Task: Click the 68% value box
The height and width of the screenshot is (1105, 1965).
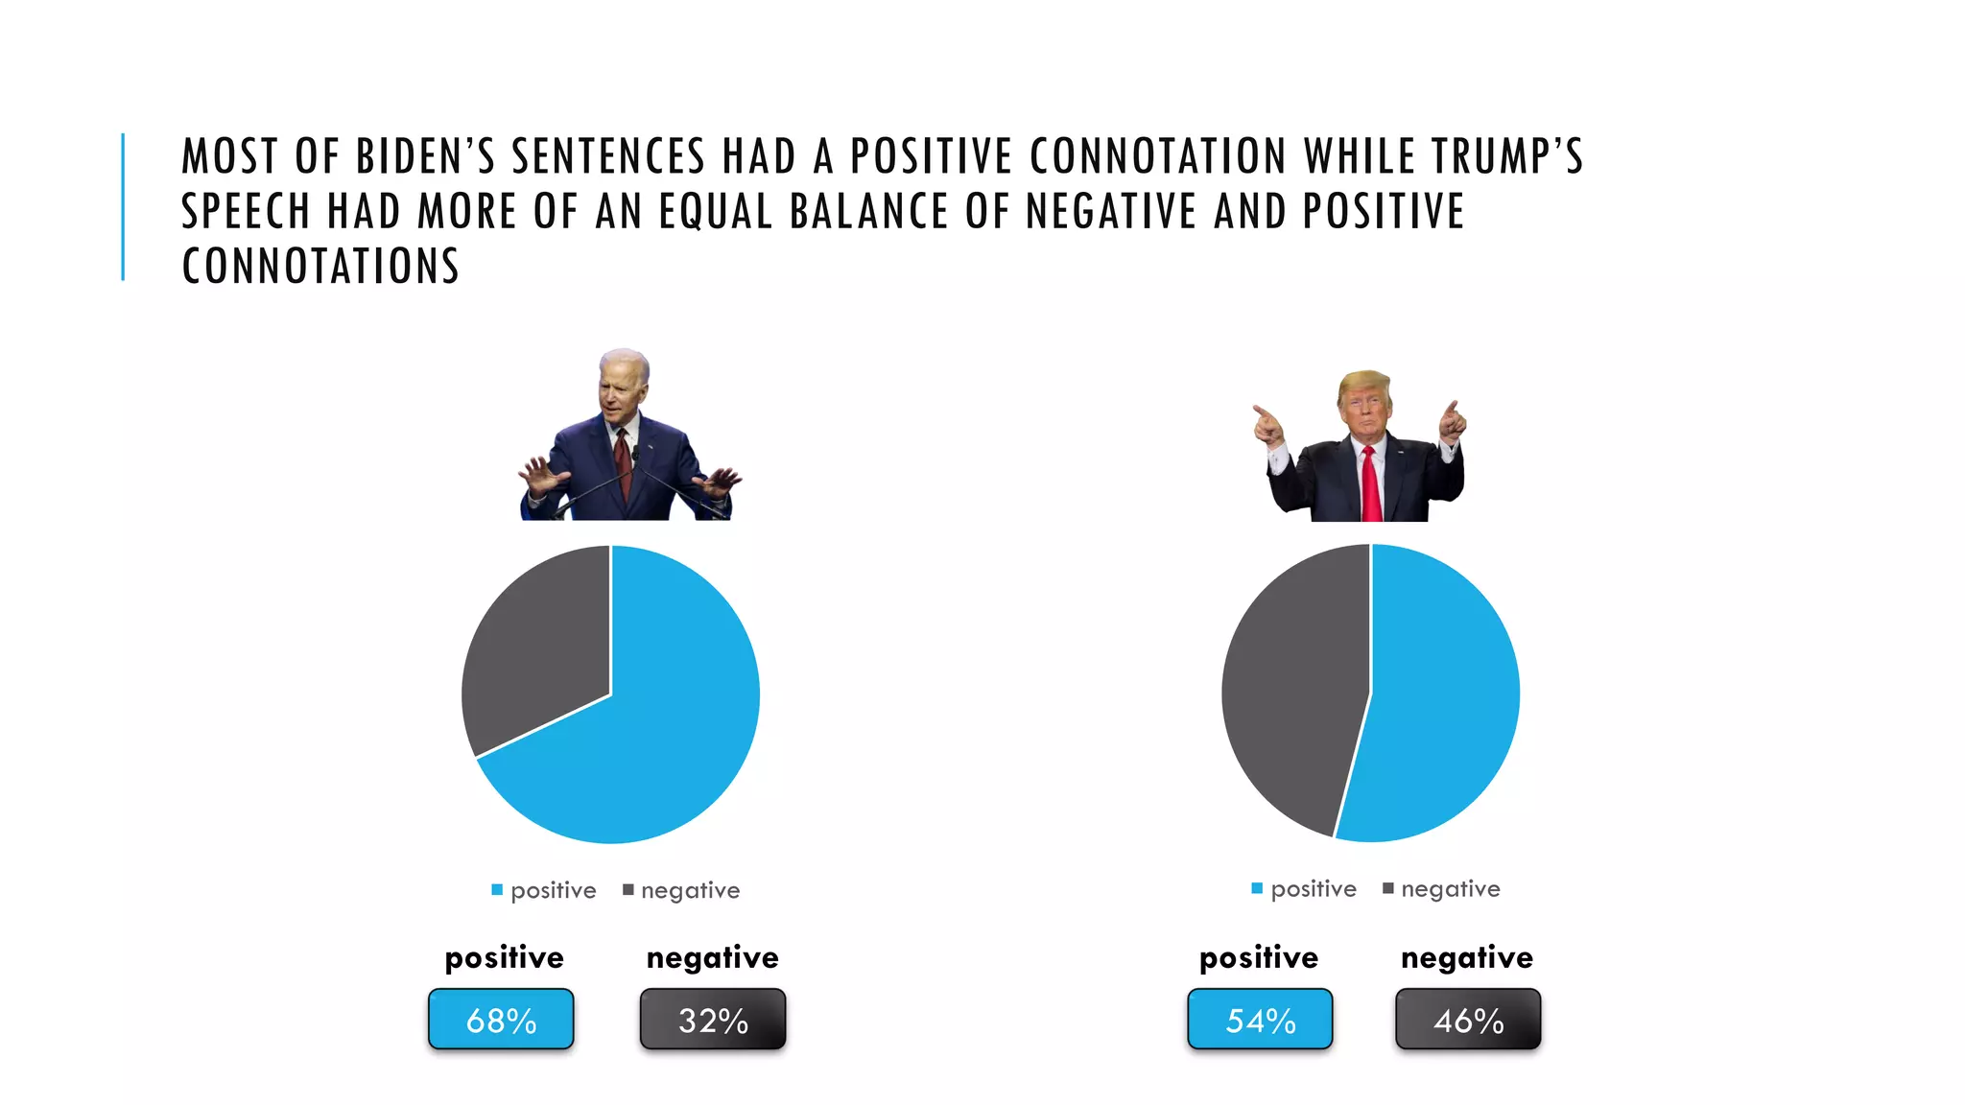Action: click(x=501, y=1020)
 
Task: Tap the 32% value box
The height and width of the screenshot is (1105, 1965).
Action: click(x=713, y=1020)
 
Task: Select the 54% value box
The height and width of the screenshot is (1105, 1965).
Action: click(x=1260, y=1020)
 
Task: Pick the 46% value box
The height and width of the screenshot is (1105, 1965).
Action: click(x=1468, y=1020)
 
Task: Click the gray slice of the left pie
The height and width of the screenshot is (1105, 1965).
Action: click(x=537, y=652)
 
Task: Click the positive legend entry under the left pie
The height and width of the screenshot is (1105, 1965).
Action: click(x=544, y=891)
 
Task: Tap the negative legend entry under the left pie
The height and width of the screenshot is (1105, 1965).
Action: click(x=681, y=891)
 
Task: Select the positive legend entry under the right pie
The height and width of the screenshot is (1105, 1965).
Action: click(x=1304, y=889)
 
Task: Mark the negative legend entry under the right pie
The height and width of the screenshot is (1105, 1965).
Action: click(x=1441, y=889)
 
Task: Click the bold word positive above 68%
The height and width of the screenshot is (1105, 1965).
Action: click(x=504, y=957)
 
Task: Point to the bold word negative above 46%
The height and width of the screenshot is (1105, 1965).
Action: click(x=1467, y=957)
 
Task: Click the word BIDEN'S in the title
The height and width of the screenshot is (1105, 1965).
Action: click(x=425, y=157)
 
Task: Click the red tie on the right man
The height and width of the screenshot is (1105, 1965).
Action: click(x=1371, y=484)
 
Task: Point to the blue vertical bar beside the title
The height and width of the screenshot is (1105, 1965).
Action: click(x=123, y=206)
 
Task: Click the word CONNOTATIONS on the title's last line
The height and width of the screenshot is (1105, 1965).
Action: click(x=320, y=267)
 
